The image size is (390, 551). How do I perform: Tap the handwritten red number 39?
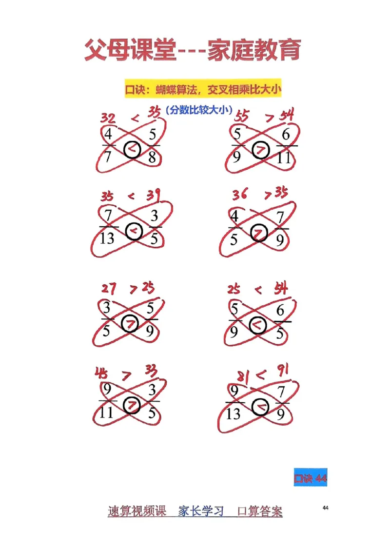point(154,196)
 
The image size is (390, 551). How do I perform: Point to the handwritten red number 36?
point(240,195)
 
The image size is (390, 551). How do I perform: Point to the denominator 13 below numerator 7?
point(107,238)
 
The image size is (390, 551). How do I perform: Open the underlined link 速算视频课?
point(137,512)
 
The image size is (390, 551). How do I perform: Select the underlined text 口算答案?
point(259,512)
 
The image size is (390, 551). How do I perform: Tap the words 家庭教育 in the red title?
point(254,51)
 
